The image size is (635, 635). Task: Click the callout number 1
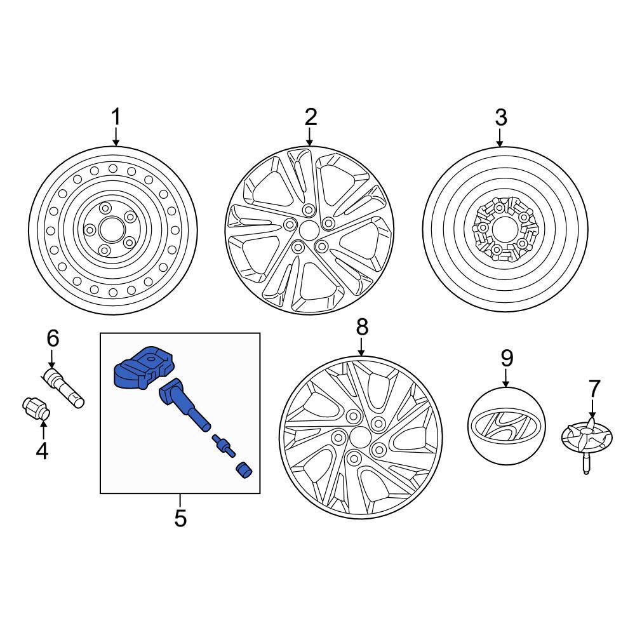coord(116,117)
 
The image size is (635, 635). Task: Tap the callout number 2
coord(311,117)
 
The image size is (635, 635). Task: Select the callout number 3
coord(500,117)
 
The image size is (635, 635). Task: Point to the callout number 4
coord(42,450)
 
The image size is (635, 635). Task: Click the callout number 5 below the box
coord(180,518)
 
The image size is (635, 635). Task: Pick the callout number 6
coord(53,338)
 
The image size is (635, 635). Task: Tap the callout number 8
coord(362,326)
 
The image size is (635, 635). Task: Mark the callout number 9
coord(507,358)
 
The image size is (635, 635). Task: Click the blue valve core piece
coord(224,446)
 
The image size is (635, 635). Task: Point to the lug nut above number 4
coord(36,409)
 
